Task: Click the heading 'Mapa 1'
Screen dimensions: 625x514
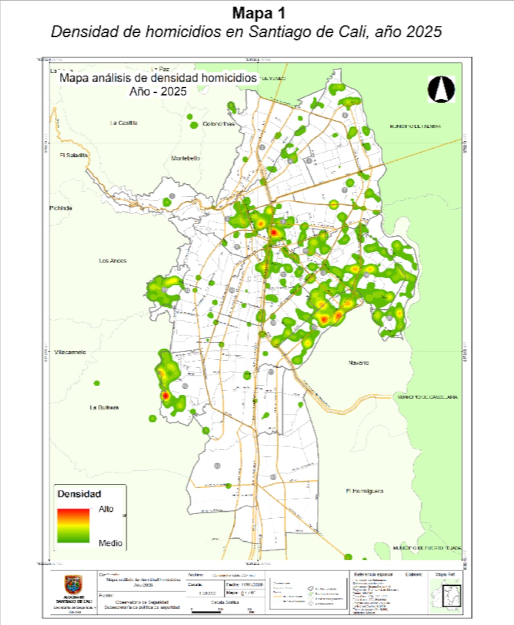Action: click(259, 13)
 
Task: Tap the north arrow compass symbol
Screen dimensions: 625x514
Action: click(441, 89)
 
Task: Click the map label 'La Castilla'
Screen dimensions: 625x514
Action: click(124, 123)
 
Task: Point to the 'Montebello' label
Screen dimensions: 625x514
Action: click(186, 158)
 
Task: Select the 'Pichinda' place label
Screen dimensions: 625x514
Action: click(61, 208)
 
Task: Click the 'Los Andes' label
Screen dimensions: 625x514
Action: click(113, 261)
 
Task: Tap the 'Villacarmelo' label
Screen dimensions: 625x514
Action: click(70, 352)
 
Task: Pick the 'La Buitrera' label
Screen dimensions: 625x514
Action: click(104, 407)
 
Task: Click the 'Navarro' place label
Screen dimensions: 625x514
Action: click(358, 362)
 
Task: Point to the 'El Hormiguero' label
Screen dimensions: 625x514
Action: click(365, 491)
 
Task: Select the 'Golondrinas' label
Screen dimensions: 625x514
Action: click(218, 124)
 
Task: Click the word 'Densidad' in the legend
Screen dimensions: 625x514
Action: click(79, 494)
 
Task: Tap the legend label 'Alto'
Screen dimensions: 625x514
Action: click(106, 509)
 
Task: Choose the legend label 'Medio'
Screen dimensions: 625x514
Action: click(110, 543)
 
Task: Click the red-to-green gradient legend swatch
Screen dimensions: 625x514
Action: click(73, 526)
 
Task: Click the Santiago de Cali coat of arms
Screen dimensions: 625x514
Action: click(73, 585)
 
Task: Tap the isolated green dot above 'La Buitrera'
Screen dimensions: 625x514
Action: click(97, 383)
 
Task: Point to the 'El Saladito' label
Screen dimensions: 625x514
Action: click(73, 155)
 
